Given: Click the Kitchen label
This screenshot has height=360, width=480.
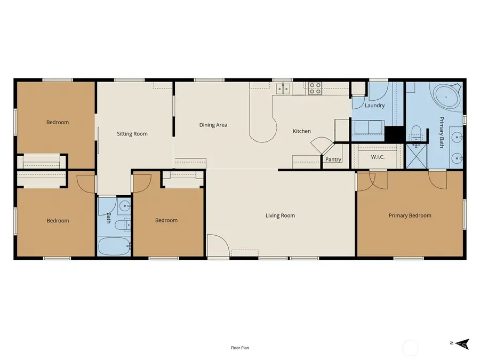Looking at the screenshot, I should [301, 131].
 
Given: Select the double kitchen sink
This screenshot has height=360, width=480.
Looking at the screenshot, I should [283, 89].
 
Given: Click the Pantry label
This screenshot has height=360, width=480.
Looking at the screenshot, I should [333, 159].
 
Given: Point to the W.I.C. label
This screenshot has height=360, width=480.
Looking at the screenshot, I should [378, 157].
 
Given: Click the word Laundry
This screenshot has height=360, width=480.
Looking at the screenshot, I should [374, 106].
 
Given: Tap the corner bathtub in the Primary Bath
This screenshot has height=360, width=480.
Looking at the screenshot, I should [446, 97].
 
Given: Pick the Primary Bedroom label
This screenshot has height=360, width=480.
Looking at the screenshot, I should [410, 215].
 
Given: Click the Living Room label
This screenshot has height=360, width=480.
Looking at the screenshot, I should [280, 215].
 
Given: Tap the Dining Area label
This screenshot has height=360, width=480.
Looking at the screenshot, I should [213, 125].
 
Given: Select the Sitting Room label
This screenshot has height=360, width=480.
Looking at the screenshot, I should [132, 134].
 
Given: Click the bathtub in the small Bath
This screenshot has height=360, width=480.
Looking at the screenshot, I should [114, 247].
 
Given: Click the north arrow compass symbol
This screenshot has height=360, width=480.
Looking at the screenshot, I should [461, 344].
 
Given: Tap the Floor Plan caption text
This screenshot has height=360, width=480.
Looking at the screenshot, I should [239, 348].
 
